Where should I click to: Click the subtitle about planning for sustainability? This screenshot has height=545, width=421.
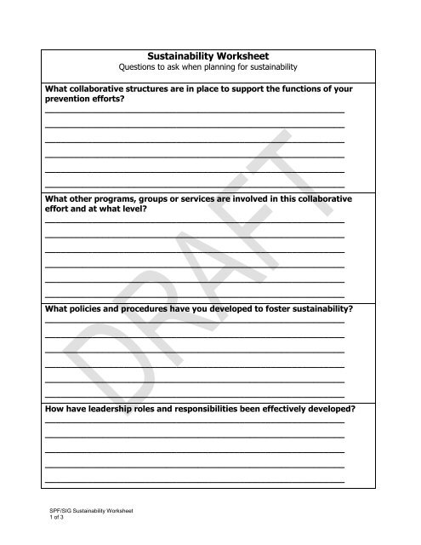click(209, 66)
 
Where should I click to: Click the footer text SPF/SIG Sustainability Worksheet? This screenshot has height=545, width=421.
click(88, 510)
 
